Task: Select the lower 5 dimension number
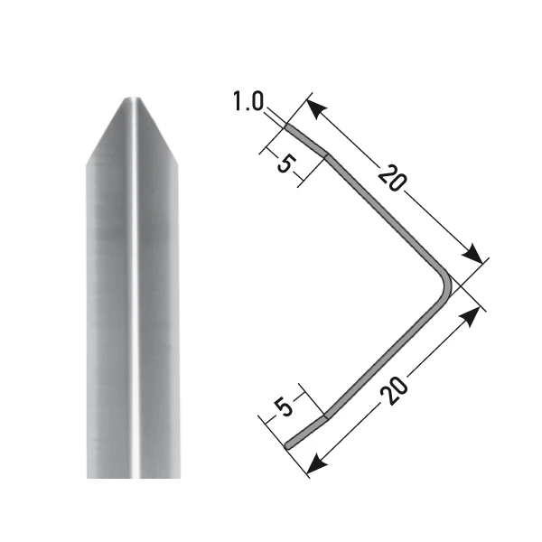point(285,407)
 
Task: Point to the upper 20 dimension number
point(389,178)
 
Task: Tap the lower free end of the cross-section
point(288,444)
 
